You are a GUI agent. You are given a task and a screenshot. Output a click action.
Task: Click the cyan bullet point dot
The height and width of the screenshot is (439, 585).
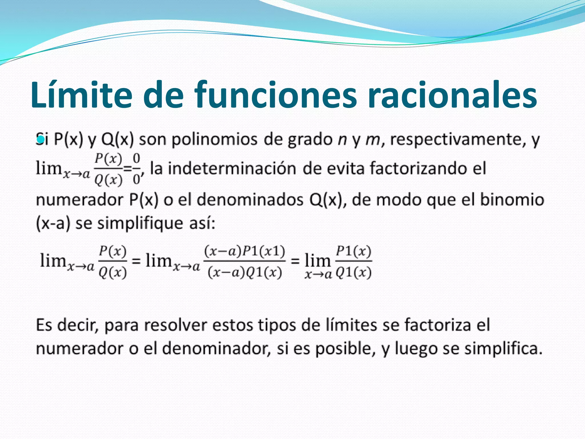[41, 139]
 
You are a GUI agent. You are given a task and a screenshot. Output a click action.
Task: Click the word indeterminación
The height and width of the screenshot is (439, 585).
[232, 168]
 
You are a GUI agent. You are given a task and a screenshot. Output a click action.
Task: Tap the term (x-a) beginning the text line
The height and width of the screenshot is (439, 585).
[53, 223]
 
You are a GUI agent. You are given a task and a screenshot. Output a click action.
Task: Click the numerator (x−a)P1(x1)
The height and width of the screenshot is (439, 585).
[245, 252]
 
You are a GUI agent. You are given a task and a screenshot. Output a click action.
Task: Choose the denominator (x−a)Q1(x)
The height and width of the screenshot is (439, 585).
[245, 272]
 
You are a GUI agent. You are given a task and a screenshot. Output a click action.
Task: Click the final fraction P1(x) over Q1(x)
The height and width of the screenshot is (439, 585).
[353, 262]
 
